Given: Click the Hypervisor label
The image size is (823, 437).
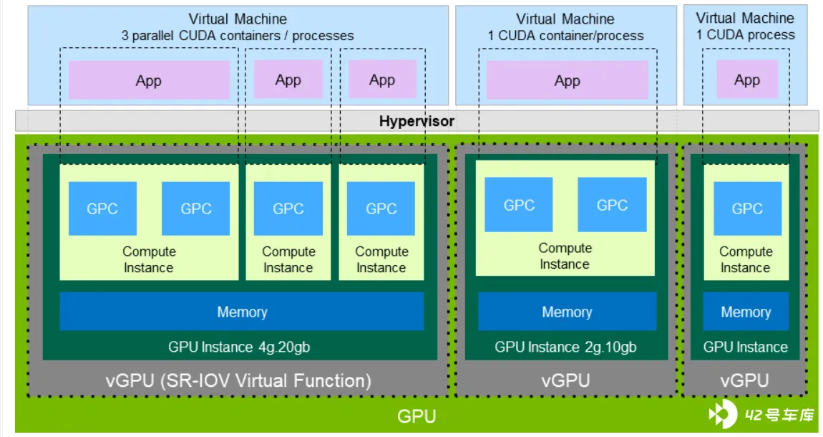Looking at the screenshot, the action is pos(417,121).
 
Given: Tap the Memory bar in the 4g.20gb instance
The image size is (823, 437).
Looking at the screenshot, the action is pos(241,312).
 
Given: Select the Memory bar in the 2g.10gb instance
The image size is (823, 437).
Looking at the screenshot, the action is pos(567,312).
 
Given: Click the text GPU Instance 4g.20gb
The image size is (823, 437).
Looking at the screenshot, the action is pos(239,347).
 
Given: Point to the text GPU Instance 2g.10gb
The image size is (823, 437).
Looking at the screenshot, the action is pos(565,347).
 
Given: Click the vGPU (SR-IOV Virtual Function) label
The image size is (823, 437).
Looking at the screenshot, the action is pos(238,380).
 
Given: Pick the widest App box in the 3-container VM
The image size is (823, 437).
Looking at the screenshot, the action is pos(149,80).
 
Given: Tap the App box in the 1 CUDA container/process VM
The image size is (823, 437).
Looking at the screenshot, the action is pos(568,80).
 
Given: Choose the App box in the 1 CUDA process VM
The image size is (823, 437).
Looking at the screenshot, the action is pos(747,80).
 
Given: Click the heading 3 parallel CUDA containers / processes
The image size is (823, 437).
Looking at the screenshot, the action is pos(238,36).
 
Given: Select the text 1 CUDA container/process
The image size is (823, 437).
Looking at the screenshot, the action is pos(565,36).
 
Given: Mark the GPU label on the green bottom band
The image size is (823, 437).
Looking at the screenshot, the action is pos(417,416).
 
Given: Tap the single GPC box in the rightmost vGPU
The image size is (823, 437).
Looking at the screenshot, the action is pos(747,208).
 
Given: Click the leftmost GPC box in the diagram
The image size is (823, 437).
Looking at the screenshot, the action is pos(102,208).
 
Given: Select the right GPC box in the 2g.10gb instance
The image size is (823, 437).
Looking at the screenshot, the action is pos(612,205).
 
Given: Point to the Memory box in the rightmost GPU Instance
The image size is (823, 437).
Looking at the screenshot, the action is pos(746,312).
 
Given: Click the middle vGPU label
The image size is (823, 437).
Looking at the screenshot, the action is pos(566,380).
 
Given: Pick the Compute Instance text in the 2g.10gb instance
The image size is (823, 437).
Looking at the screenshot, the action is pos(565,256).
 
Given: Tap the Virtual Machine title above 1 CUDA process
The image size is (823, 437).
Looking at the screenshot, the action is pos(745,18).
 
